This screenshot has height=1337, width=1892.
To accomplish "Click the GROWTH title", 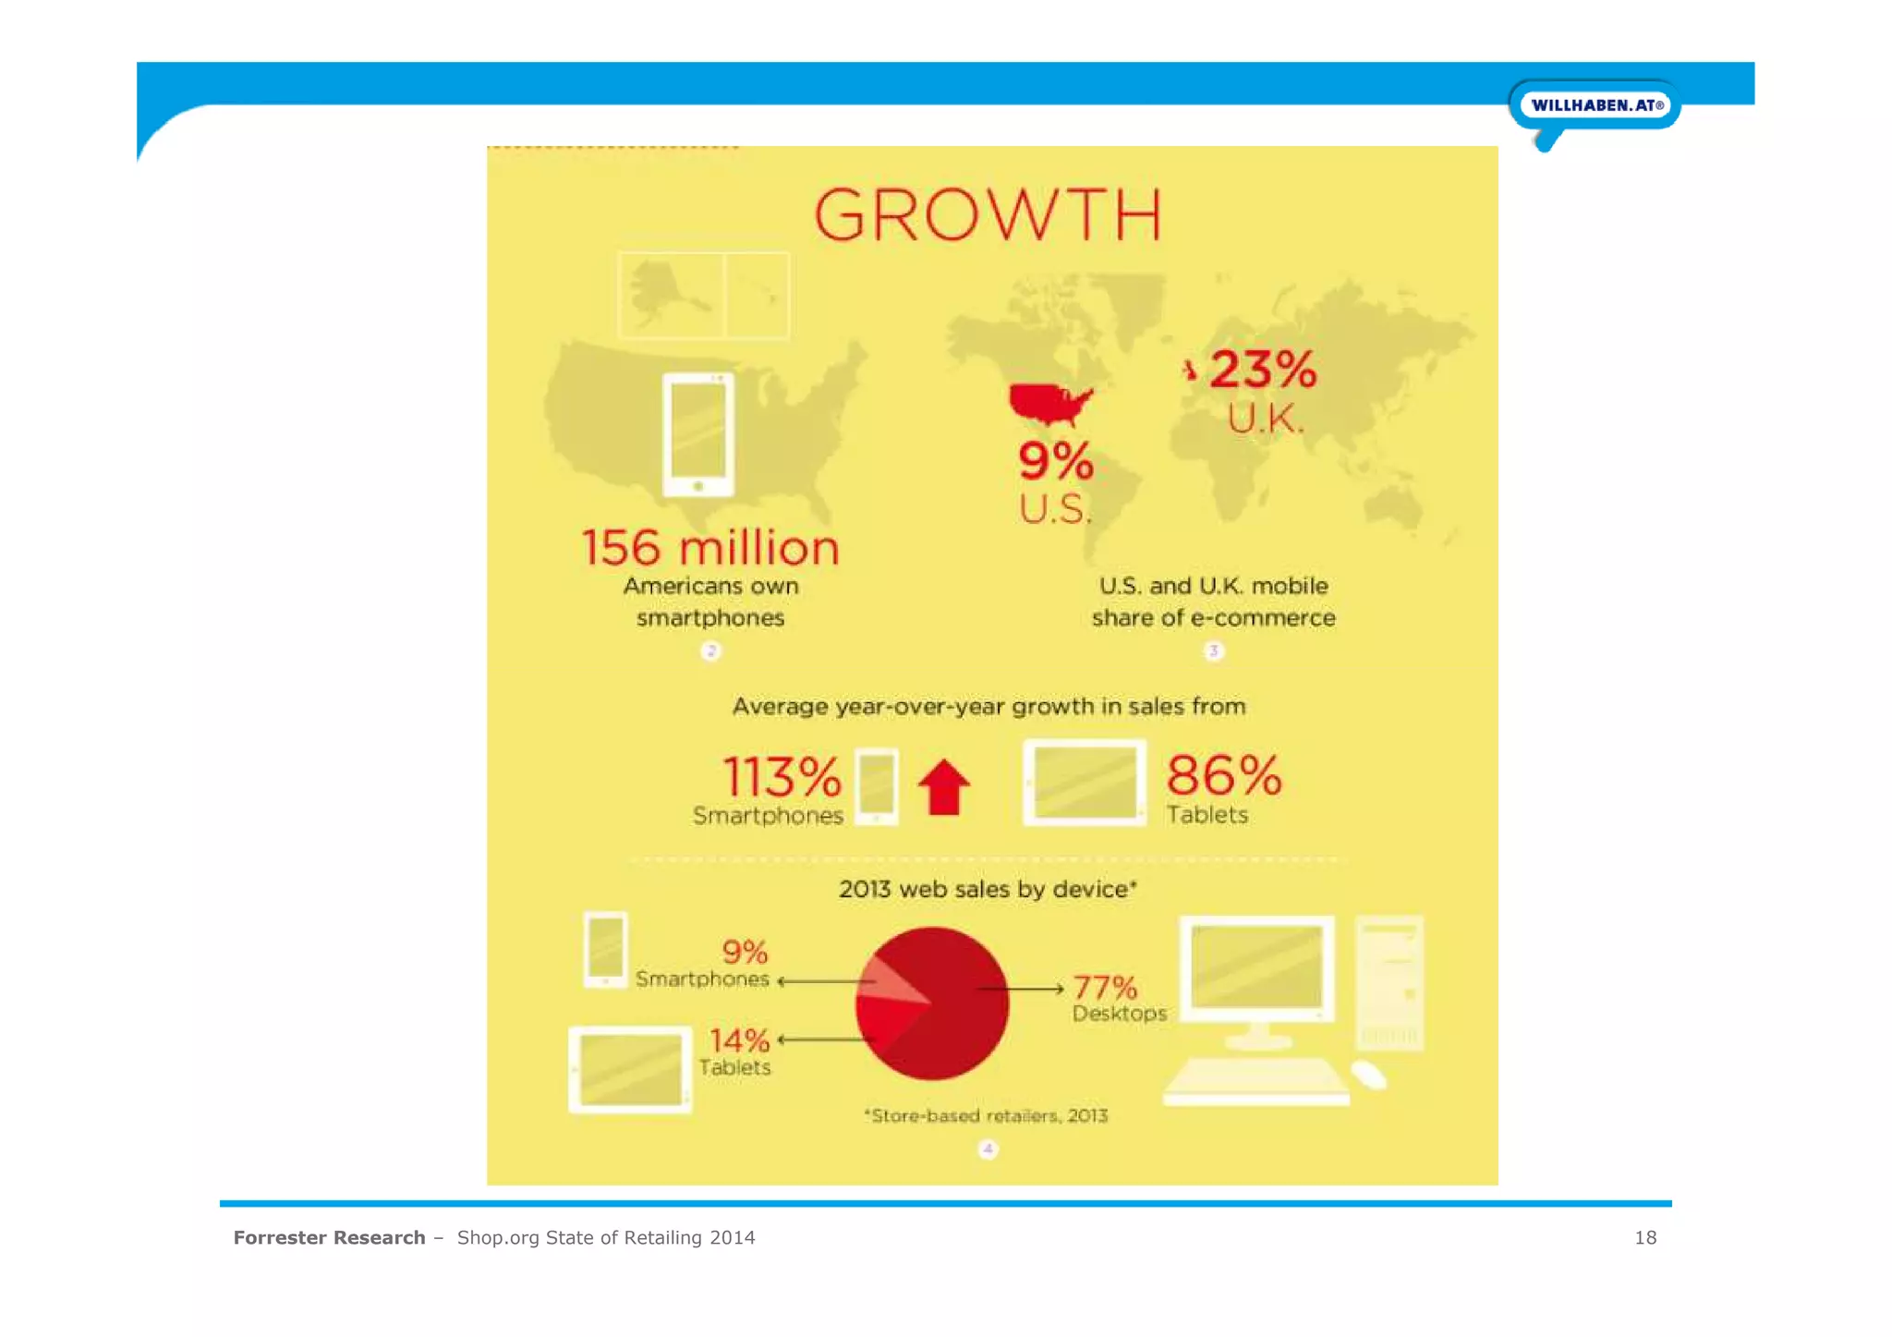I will [x=988, y=214].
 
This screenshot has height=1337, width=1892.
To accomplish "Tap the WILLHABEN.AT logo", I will [x=1595, y=105].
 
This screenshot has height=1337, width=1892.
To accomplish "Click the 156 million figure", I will [x=709, y=548].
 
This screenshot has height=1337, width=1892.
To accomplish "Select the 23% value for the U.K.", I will [x=1263, y=370].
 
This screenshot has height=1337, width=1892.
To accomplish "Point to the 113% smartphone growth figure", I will [x=782, y=777].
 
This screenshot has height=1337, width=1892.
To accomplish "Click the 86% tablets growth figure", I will [x=1223, y=775].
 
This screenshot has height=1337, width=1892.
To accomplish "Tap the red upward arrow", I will [x=943, y=787].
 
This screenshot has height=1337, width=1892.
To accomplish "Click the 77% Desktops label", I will [x=1118, y=999].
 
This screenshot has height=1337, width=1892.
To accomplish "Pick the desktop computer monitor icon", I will [x=1256, y=970].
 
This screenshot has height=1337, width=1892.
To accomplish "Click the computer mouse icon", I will [x=1368, y=1075].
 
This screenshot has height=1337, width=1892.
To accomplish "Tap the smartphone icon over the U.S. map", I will [x=698, y=434].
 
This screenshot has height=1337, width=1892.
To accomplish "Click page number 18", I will [x=1644, y=1237].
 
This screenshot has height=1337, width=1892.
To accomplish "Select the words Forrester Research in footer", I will [x=329, y=1237].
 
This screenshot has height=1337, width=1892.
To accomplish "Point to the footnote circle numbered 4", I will [x=988, y=1149].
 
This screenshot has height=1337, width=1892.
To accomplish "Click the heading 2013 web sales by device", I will [x=987, y=889].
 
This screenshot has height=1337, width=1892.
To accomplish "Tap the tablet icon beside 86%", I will [x=1085, y=783].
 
